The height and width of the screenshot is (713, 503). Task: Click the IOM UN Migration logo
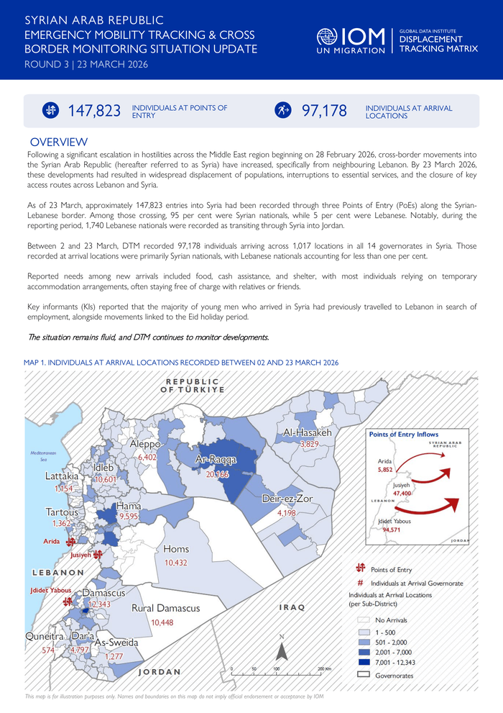(352, 41)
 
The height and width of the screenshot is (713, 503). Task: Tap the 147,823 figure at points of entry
(94, 111)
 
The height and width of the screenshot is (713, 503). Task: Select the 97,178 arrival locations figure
(324, 111)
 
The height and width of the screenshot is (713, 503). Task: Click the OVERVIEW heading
(59, 142)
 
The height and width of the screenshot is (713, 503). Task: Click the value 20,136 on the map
(217, 475)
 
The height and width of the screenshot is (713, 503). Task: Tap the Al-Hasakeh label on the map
(307, 433)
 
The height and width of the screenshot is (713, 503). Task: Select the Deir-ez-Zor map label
(286, 499)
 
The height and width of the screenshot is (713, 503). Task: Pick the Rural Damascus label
(165, 609)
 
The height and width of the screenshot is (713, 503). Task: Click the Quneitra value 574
(48, 650)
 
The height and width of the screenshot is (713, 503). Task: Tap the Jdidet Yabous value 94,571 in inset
(392, 530)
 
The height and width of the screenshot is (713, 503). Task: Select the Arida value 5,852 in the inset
(385, 470)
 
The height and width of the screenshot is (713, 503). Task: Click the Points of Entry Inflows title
(403, 435)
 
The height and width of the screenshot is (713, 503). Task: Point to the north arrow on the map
(282, 650)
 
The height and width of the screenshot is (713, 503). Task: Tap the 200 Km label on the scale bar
(324, 669)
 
